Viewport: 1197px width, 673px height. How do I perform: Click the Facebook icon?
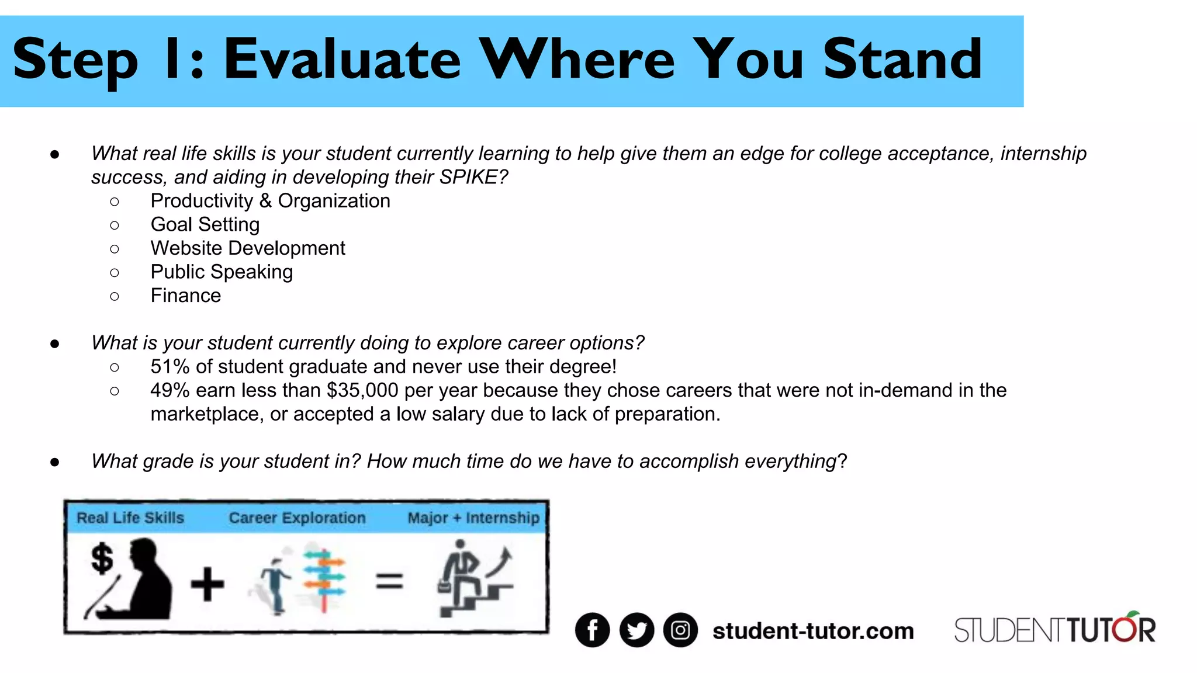592,630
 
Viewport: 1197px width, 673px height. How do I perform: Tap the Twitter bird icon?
636,630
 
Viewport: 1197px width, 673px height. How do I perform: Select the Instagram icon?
680,630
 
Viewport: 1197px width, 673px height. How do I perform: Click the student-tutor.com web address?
813,631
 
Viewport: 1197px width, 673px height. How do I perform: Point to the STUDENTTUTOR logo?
1054,629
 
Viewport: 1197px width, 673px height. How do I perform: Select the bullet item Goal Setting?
205,224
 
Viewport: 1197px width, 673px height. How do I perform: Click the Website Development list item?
248,248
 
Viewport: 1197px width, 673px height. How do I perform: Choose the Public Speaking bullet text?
222,272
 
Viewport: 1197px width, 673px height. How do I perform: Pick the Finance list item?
186,296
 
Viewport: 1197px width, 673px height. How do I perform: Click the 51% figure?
170,367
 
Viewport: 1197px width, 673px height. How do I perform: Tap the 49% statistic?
170,390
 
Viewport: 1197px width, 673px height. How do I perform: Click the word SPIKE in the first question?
468,177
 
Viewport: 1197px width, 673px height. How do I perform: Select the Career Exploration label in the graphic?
297,518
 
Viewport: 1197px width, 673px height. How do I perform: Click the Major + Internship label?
473,518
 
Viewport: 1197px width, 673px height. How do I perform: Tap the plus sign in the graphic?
207,584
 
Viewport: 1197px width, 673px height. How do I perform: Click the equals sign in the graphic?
389,581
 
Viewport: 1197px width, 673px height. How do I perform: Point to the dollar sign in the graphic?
102,558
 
